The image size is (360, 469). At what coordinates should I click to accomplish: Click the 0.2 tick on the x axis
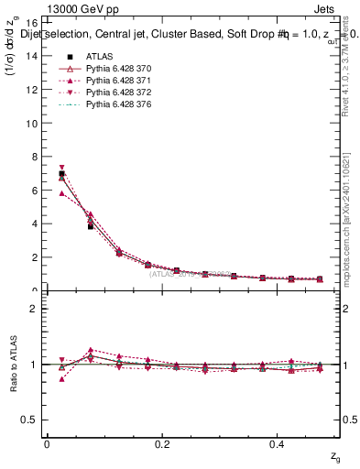click(x=163, y=444)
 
